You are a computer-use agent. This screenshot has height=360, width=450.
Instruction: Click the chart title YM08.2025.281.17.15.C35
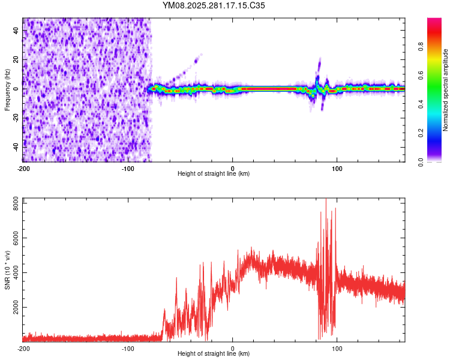[214, 5]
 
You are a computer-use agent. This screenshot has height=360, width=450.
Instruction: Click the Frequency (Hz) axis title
[7, 90]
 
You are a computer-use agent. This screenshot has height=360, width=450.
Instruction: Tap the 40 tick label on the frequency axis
[16, 31]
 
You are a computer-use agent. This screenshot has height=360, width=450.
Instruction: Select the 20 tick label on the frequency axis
[16, 59]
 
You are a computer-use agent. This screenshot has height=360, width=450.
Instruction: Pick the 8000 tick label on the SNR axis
[13, 205]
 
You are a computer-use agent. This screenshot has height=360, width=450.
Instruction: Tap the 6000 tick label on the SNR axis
[13, 239]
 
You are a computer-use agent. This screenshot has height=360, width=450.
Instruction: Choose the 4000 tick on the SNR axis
[13, 273]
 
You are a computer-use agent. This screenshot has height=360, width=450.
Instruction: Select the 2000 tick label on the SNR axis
[13, 307]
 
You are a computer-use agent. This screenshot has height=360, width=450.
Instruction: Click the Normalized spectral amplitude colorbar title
[446, 90]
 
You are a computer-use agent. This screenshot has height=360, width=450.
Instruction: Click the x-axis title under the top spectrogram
[214, 173]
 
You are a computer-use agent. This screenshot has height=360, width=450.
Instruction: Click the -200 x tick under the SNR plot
[23, 348]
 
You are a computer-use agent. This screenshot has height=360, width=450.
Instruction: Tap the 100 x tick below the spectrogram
[337, 168]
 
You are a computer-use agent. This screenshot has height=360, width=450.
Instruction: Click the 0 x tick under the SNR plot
[233, 348]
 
